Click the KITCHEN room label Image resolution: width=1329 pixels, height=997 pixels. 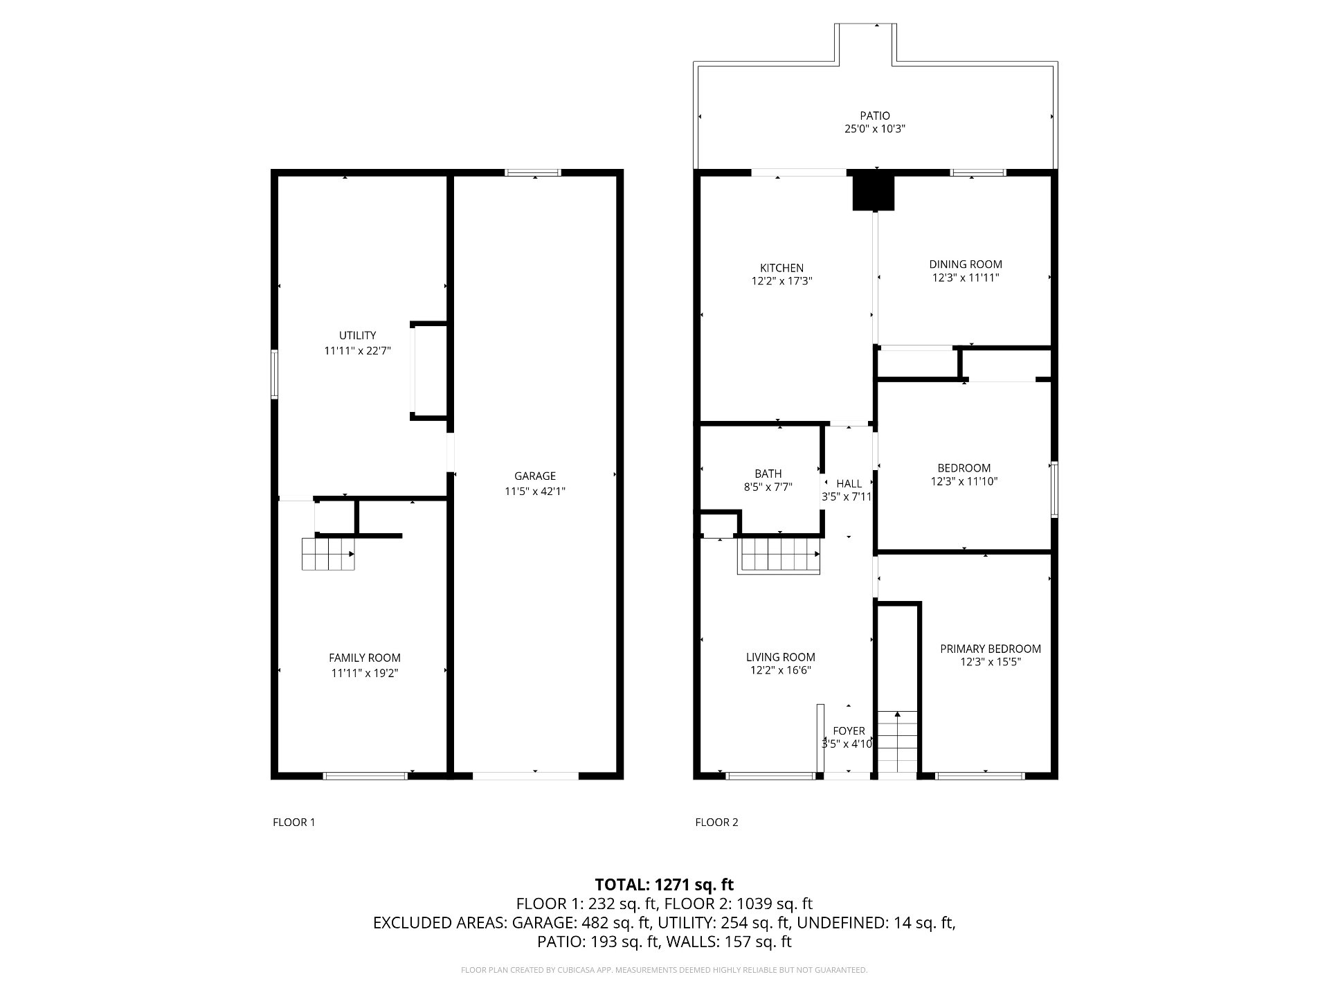coord(781,268)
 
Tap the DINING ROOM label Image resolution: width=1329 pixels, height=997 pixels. coord(966,264)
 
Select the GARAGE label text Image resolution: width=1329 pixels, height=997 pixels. coord(535,476)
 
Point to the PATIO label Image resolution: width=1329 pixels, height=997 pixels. coord(875,116)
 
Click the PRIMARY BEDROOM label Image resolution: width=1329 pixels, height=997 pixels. coord(991,649)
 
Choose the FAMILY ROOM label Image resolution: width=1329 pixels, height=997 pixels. coord(365,658)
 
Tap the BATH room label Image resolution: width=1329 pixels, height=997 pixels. coord(768,474)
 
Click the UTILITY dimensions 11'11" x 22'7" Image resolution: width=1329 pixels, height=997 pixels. coord(358,351)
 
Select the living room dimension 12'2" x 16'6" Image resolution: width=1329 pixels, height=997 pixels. coord(781,670)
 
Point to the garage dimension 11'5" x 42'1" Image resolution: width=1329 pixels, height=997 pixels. coord(535,492)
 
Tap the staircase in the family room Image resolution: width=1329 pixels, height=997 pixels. coord(328,554)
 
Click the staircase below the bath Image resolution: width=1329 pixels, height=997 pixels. coord(780,556)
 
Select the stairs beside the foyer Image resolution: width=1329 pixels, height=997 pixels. coord(898,742)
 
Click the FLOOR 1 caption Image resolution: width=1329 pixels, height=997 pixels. coord(294,823)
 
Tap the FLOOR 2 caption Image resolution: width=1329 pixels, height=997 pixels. coord(716,823)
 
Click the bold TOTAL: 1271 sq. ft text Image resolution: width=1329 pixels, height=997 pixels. coord(664,884)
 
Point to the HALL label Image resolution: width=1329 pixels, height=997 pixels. coord(849,483)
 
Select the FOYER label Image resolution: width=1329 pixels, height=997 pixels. coord(849,731)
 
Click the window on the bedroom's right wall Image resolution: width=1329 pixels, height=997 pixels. coord(1054,489)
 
